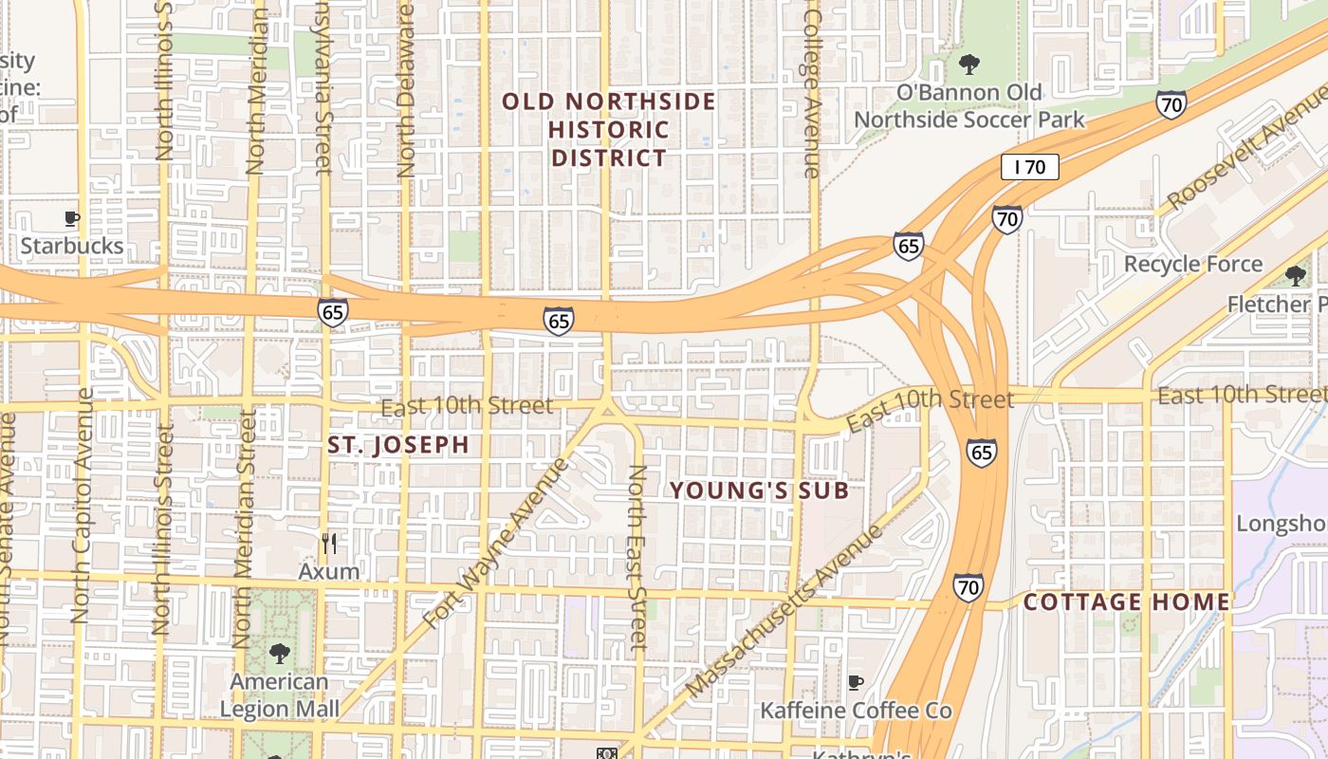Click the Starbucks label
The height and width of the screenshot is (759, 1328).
[x=72, y=246]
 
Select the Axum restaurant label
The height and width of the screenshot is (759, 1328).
[x=329, y=571]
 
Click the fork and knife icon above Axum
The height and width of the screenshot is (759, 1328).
[x=329, y=544]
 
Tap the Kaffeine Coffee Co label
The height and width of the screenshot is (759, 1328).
[x=855, y=711]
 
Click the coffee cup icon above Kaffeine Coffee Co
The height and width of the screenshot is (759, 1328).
[x=855, y=682]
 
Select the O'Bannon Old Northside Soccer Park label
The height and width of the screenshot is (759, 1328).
[x=968, y=105]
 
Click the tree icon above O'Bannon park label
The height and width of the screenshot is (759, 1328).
[x=968, y=65]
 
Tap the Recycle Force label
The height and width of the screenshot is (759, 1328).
[x=1192, y=264]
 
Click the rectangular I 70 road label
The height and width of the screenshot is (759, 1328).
[x=1029, y=168]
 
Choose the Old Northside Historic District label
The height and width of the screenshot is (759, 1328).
[x=609, y=129]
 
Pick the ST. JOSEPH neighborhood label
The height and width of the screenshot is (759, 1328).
[x=398, y=445]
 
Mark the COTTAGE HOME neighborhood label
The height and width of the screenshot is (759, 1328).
[x=1126, y=602]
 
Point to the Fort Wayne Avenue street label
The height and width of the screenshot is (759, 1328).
[x=496, y=543]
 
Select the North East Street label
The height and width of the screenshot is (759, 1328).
[x=638, y=557]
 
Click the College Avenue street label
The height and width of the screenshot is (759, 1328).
[x=811, y=90]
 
